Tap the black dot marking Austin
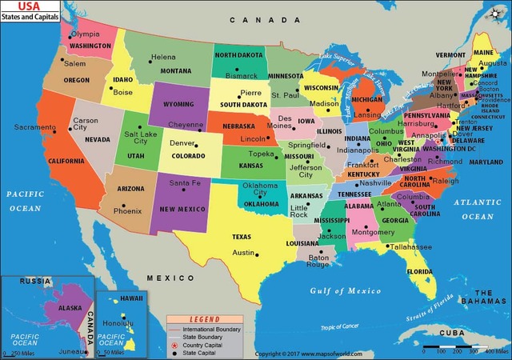(x=257, y=254)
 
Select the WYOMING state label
(x=178, y=105)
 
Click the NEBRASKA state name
(x=238, y=126)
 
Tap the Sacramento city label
(x=34, y=127)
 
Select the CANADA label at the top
(x=252, y=20)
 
